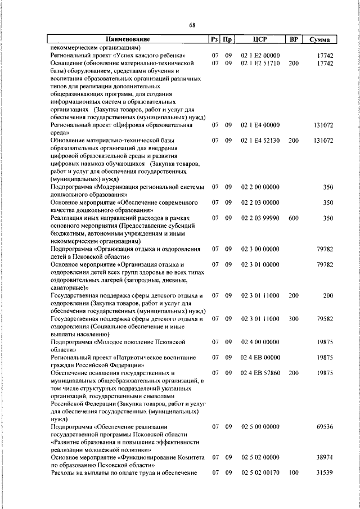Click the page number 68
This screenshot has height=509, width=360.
point(192,25)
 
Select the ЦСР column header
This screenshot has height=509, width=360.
point(259,39)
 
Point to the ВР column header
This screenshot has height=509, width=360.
point(293,39)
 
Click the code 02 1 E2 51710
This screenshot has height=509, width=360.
point(260,64)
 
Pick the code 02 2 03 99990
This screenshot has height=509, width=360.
point(260,217)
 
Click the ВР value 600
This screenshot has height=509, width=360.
point(293,217)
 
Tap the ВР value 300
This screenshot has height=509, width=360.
point(293,318)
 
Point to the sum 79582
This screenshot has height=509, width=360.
point(325,318)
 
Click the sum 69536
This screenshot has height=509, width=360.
point(325,427)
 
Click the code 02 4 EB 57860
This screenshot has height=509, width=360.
point(260,373)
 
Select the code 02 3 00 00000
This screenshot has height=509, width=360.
point(260,249)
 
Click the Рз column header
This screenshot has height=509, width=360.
point(214,39)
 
